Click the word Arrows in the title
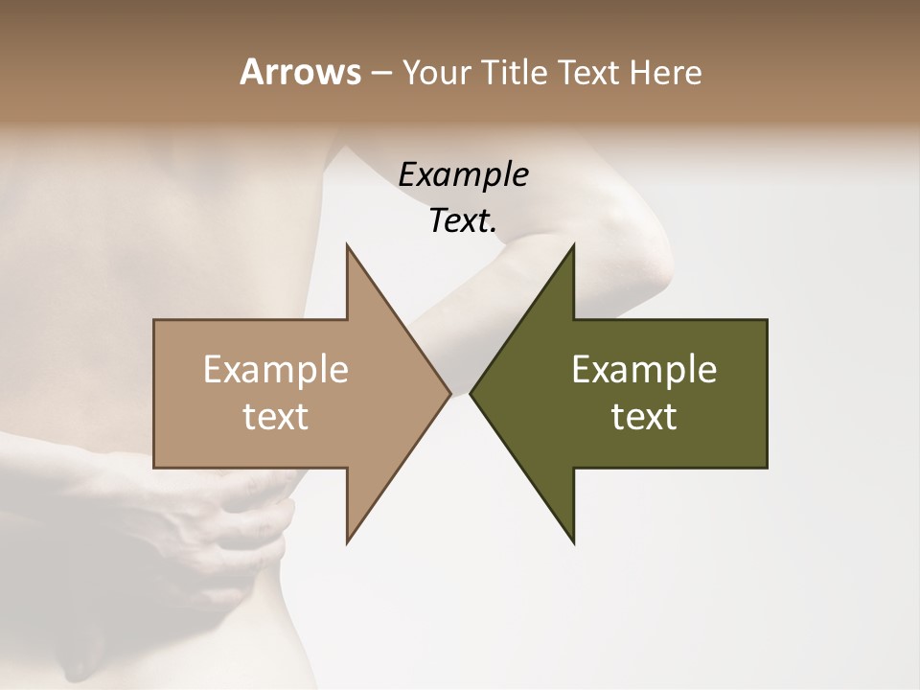300,72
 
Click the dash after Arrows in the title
380,74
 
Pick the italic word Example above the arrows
463,175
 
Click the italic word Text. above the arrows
463,221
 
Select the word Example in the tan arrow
276,370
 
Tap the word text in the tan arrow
276,417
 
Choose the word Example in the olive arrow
644,370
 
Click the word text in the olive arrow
644,417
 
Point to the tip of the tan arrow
448,393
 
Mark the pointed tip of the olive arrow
472,393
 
